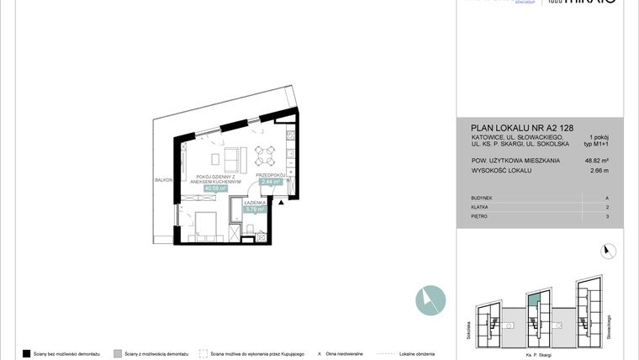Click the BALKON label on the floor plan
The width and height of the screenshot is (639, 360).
click(x=163, y=179)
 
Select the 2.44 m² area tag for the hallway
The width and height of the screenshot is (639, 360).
click(x=271, y=181)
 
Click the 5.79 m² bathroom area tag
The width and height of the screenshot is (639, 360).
click(x=256, y=209)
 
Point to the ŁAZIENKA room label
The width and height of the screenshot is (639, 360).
click(x=256, y=203)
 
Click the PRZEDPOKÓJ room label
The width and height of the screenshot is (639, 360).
click(x=272, y=174)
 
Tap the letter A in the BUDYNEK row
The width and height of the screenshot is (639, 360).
click(x=606, y=197)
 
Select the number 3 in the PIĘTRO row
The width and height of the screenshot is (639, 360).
click(x=606, y=216)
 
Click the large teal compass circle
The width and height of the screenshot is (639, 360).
click(x=430, y=299)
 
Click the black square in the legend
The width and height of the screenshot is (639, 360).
click(x=26, y=353)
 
